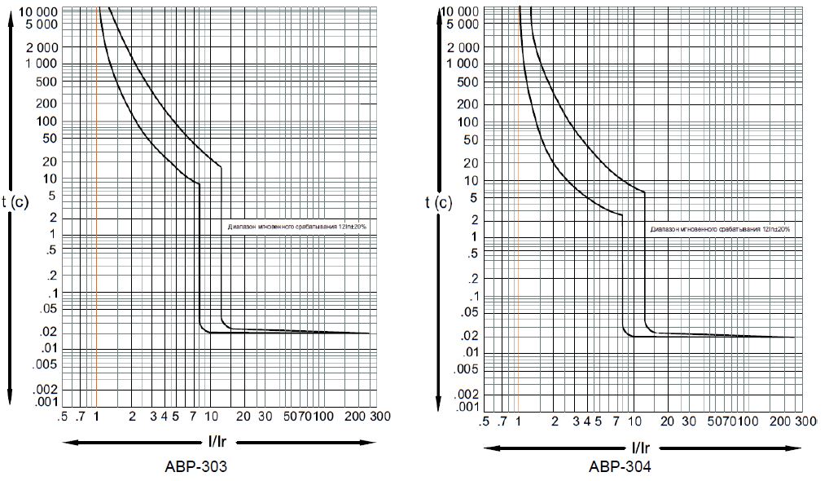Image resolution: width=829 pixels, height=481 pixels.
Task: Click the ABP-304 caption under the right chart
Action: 620,468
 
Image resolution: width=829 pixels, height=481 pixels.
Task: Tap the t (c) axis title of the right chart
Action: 439,203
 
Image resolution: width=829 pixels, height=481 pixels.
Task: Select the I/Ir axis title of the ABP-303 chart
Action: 219,442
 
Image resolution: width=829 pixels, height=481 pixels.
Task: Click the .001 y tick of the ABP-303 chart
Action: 46,401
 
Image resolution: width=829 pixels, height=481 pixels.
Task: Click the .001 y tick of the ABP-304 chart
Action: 470,406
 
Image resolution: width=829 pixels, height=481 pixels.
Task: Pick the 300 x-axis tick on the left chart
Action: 379,417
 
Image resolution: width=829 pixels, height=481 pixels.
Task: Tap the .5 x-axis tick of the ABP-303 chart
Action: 63,417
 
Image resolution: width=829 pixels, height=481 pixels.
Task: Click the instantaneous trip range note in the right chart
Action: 720,230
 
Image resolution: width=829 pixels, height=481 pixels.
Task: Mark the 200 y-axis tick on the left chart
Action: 47,103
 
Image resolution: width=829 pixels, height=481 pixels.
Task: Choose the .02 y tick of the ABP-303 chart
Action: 48,332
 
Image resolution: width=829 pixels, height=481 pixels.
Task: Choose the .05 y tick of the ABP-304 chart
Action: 471,312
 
